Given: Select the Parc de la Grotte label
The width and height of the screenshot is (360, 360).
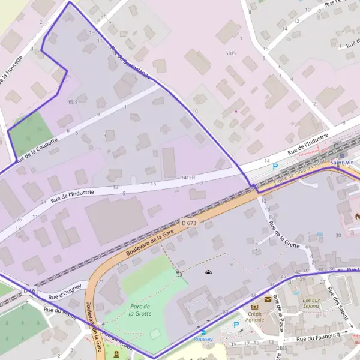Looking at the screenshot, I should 139,310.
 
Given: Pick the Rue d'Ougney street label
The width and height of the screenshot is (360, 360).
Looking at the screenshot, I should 65,290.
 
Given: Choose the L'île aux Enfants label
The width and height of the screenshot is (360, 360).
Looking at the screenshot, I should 312,303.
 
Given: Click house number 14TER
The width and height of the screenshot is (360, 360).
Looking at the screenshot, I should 188,178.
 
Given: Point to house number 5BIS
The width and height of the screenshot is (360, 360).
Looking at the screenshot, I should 230,53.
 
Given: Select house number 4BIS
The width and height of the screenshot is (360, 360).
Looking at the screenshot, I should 73,102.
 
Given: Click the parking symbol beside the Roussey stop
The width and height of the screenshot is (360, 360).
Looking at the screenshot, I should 236,325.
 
